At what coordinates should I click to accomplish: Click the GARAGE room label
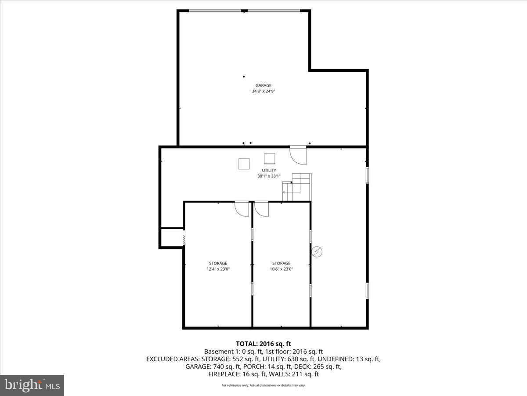click(x=263, y=85)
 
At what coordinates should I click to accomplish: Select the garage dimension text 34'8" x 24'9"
click(x=263, y=92)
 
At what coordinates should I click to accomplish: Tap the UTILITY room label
click(x=269, y=170)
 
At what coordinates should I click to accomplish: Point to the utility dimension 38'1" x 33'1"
click(x=269, y=176)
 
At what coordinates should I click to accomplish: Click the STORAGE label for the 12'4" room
click(x=218, y=263)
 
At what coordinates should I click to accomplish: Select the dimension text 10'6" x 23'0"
click(x=281, y=269)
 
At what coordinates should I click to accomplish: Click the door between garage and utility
click(x=298, y=154)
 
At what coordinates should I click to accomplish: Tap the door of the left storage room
click(x=242, y=209)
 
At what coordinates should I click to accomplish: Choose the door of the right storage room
click(x=261, y=209)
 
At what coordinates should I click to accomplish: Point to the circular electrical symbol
click(x=317, y=252)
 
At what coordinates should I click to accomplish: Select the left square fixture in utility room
click(x=244, y=164)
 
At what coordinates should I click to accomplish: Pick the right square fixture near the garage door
click(x=269, y=158)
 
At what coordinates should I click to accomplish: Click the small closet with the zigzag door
click(x=172, y=238)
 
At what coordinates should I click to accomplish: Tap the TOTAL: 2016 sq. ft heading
click(x=263, y=344)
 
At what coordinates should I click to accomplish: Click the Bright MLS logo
click(x=32, y=385)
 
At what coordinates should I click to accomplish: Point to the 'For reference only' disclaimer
click(x=263, y=385)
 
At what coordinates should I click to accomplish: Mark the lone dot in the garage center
click(x=244, y=77)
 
